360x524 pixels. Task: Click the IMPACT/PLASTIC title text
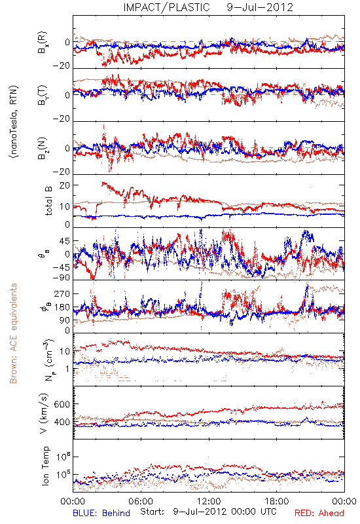pos(166,7)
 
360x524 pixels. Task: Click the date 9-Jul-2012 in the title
pos(260,7)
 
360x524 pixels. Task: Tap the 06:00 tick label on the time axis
pos(141,501)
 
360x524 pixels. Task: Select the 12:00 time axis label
pos(209,501)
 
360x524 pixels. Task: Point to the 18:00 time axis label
pos(277,501)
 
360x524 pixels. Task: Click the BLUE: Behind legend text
pos(101,513)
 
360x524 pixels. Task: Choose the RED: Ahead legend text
pos(319,513)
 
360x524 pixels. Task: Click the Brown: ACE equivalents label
pos(13,333)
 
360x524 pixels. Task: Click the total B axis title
pos(48,201)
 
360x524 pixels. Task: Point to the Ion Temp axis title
pos(45,466)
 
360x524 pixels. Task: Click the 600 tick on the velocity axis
pos(62,404)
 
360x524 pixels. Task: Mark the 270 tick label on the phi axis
pos(62,293)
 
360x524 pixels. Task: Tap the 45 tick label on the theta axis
pos(64,241)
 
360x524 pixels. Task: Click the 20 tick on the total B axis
pos(64,185)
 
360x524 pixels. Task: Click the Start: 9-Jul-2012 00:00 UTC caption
pos(208,512)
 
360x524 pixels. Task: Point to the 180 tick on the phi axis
pos(62,307)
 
